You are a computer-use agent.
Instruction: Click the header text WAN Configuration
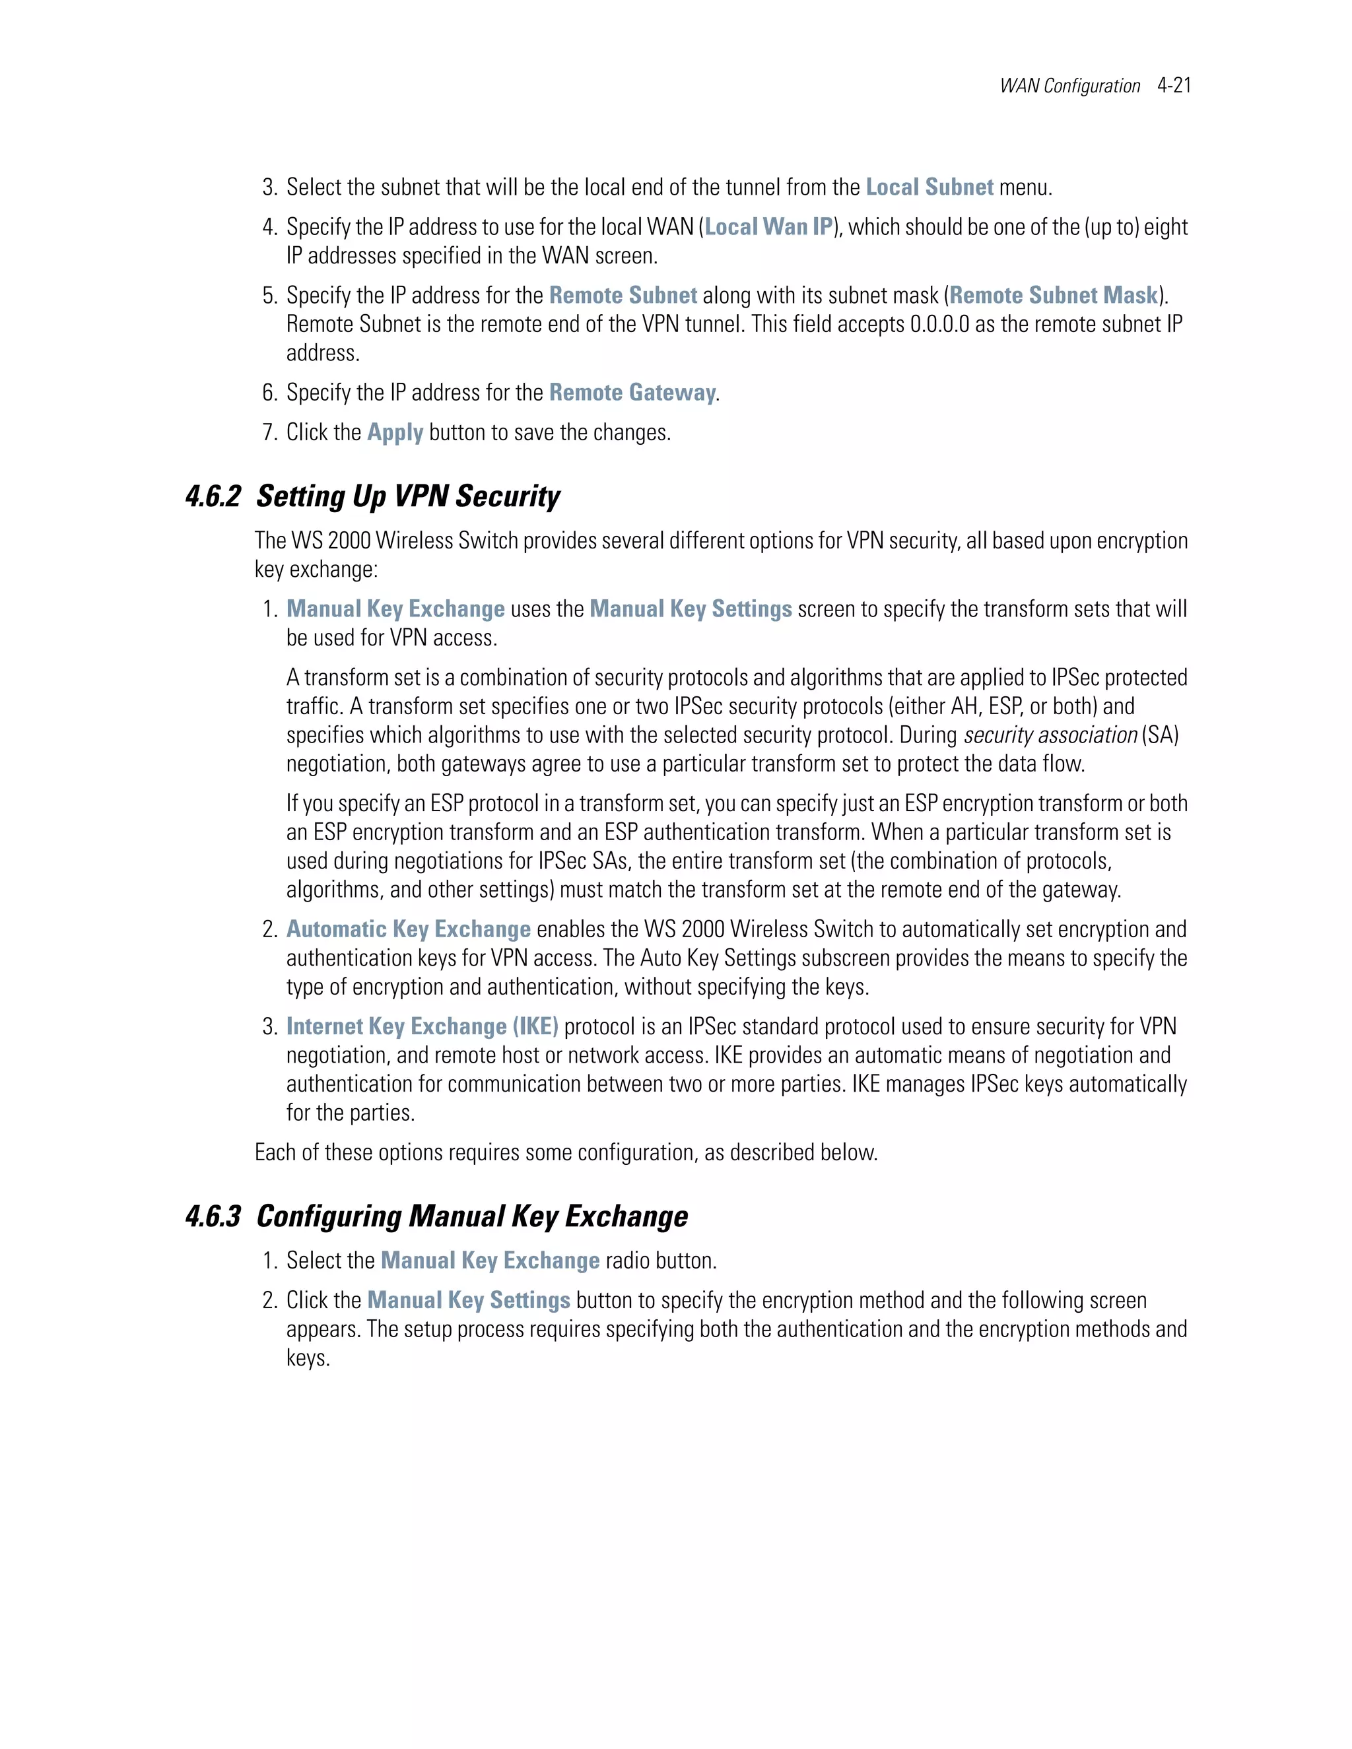coord(1069,86)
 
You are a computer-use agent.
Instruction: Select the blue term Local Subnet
coord(929,187)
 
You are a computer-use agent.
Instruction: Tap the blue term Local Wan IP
coord(768,228)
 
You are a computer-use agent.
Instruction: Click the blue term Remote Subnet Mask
coord(1053,296)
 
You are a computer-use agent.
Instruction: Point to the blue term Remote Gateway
coord(632,393)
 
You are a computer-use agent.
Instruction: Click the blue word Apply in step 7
coord(395,432)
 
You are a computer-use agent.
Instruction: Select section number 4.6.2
coord(213,496)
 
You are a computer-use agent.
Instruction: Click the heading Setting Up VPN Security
coord(408,496)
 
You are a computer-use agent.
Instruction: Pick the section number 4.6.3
coord(213,1216)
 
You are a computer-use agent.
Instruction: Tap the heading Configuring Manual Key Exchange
coord(472,1216)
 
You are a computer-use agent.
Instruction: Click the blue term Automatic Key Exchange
coord(409,930)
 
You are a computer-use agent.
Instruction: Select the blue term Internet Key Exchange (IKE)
coord(422,1027)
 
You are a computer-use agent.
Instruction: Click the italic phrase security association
coord(1050,735)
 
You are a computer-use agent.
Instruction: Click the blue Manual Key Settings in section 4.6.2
coord(691,609)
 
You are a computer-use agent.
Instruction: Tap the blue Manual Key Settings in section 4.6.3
coord(469,1301)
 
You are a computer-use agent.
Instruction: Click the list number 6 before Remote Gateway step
coord(269,393)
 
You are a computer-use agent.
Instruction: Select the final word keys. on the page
coord(308,1358)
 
